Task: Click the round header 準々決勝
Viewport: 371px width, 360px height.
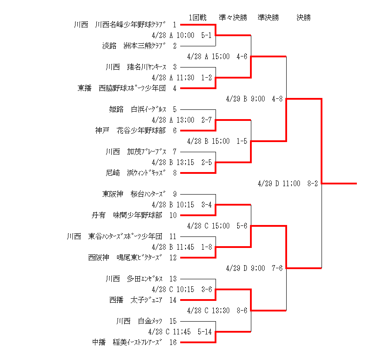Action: click(233, 18)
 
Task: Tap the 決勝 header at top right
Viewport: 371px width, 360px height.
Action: click(303, 18)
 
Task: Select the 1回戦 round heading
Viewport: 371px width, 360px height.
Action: click(197, 18)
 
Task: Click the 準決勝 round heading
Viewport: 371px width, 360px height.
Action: click(269, 18)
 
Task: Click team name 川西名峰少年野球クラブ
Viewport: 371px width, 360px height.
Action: click(130, 25)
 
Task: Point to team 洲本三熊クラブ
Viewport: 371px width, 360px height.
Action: click(144, 45)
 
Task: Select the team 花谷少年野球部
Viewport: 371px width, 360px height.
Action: click(141, 131)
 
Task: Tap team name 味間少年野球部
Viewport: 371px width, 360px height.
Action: click(137, 215)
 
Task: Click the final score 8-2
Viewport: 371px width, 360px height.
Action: click(313, 184)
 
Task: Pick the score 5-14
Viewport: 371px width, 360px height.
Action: click(204, 332)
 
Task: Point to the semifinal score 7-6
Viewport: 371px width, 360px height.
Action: click(277, 268)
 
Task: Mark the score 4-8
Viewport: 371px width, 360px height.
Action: click(277, 99)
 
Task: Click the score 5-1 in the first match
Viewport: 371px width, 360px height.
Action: click(206, 35)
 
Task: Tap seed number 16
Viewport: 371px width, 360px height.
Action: click(173, 342)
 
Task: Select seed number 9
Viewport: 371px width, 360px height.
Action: click(175, 194)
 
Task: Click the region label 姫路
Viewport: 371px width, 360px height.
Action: click(117, 109)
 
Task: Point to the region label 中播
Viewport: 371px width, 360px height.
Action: click(99, 342)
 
